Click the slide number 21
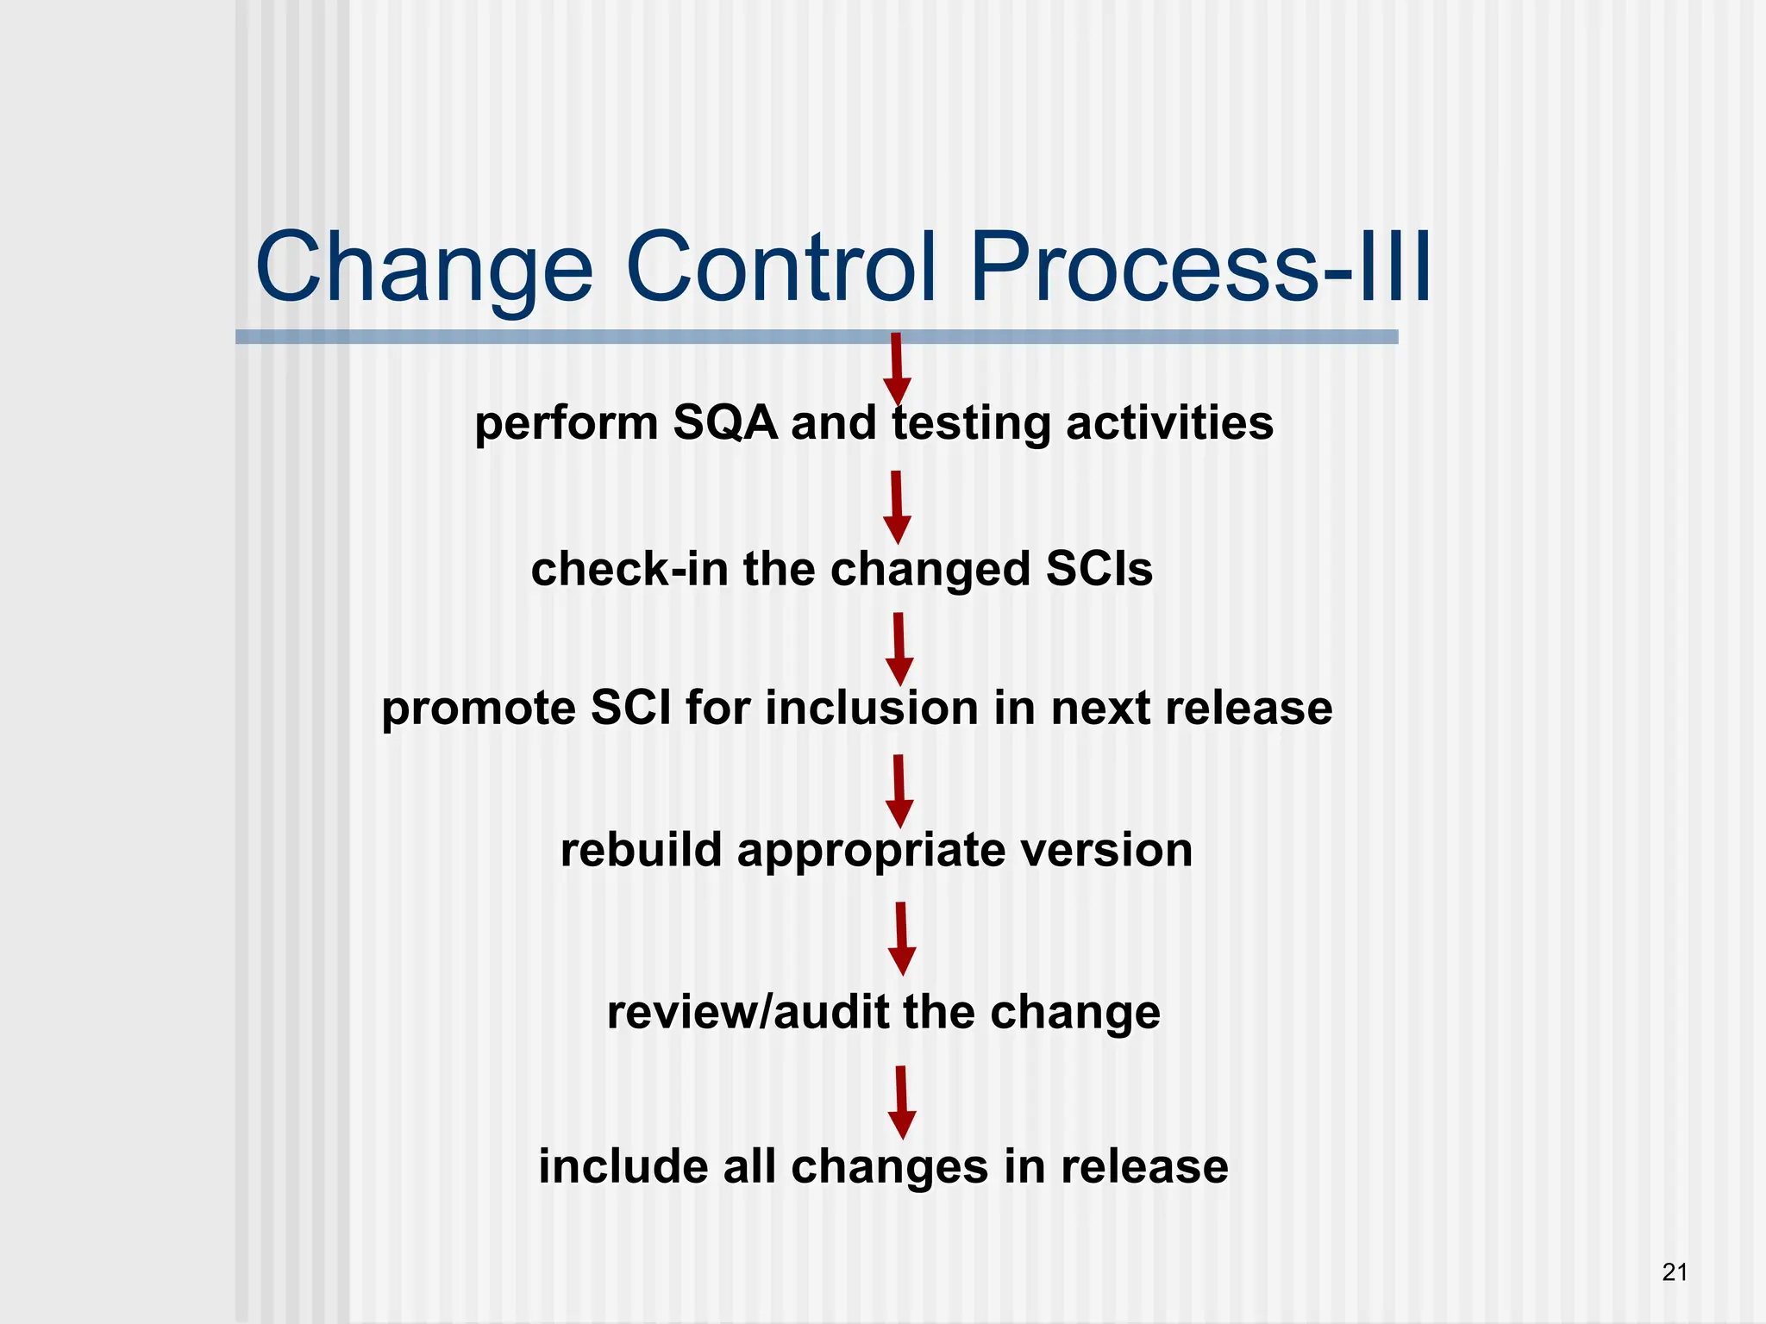tap(1675, 1272)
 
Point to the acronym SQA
tap(724, 423)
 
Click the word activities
tap(1169, 423)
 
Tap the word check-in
tap(629, 570)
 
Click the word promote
tap(479, 709)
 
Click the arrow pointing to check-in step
tap(897, 507)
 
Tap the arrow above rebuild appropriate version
tap(899, 791)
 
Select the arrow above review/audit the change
tap(902, 939)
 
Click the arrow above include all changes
tap(902, 1102)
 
